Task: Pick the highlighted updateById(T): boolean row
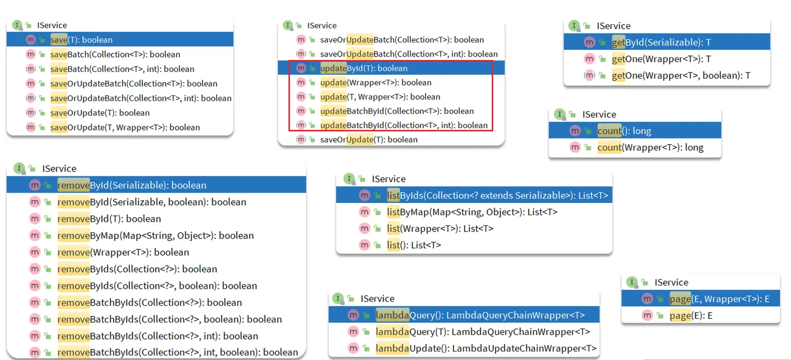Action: (363, 68)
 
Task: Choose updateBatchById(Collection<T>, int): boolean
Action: (403, 125)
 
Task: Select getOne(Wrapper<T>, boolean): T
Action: (681, 75)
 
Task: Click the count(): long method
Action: (624, 131)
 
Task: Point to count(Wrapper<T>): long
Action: (650, 148)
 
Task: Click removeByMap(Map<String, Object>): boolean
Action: (155, 236)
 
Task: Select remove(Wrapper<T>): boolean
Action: (123, 252)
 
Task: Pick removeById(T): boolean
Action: (109, 219)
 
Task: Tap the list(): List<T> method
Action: (414, 245)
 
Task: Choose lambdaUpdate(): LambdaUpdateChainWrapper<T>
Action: (486, 348)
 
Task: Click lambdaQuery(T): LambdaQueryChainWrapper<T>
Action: (483, 332)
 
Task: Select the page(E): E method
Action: (691, 315)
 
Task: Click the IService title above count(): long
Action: (599, 114)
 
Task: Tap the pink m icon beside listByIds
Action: (364, 196)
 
